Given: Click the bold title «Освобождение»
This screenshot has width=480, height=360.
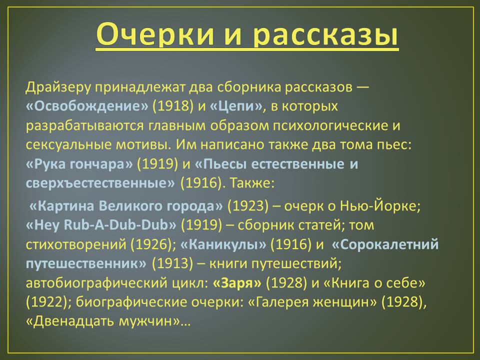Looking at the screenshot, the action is coord(87,106).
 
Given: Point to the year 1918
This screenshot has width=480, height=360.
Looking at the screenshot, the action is coord(173,106).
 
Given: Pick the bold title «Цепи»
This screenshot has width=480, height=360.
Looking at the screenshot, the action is coord(236,106).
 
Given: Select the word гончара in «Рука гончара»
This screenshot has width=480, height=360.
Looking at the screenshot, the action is coord(98,164).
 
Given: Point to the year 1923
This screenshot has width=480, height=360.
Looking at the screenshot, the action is coord(248,206).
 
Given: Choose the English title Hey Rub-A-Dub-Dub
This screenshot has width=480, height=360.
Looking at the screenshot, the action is coord(101,225).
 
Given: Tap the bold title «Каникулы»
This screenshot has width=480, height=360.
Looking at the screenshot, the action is coord(223,244).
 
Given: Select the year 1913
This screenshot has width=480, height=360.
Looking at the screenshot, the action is coord(172,263).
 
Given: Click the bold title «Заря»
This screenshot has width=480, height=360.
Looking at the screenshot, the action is coord(237,283).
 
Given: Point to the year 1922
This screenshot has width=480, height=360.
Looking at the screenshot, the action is coord(46,302).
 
